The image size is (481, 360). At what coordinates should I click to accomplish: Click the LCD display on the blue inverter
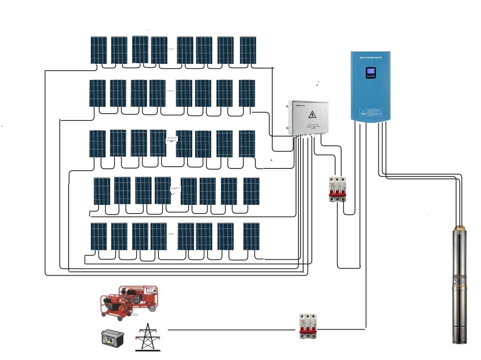point(370,73)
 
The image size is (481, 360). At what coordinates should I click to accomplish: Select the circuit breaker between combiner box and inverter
point(337,189)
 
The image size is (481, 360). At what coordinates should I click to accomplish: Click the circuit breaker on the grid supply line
point(308,326)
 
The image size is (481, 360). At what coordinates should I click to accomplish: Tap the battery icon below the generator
point(112,338)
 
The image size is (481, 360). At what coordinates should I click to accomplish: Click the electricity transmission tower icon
point(148,337)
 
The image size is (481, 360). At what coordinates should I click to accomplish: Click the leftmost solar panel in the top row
point(99,50)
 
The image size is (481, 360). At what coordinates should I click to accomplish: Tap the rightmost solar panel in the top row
point(248,50)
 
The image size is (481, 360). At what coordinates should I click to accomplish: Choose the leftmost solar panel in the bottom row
point(99,236)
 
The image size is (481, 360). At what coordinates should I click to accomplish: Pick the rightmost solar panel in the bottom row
point(251,236)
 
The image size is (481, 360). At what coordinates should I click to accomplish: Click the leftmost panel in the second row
point(97,93)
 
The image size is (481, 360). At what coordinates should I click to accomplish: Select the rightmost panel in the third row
point(247,144)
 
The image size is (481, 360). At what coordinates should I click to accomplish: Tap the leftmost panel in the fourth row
point(102,191)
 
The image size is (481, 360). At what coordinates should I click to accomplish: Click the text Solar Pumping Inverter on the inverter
point(370,58)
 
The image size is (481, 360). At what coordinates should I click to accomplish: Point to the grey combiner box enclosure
point(308,118)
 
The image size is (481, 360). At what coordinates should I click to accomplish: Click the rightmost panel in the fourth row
point(251,191)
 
